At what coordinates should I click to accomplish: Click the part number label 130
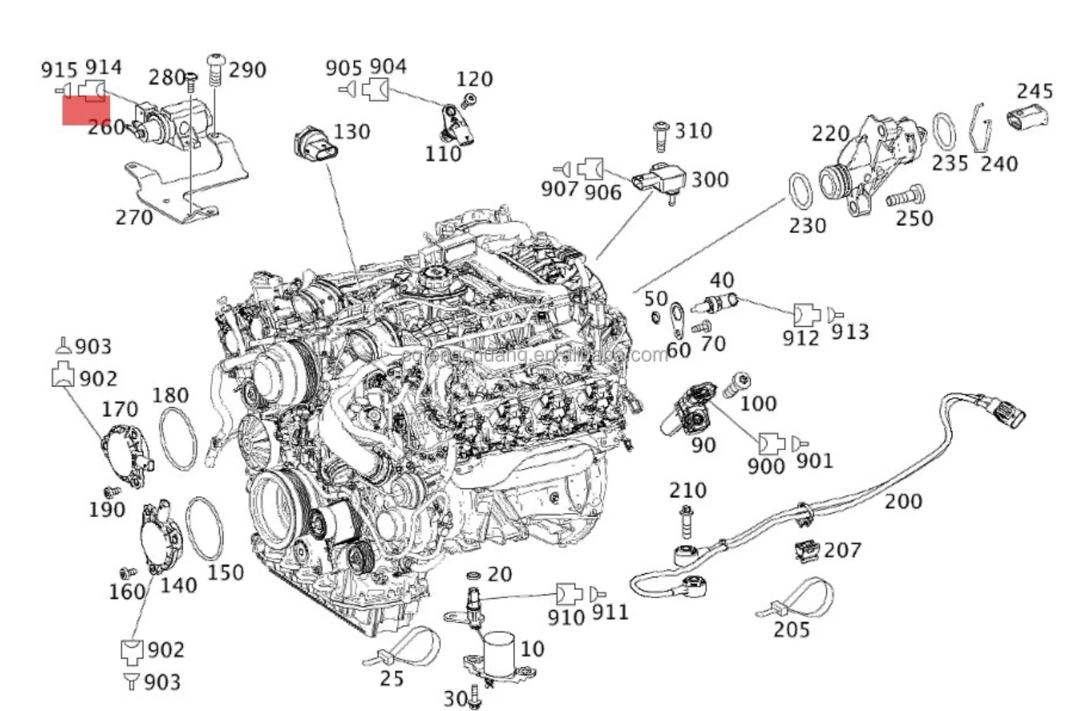point(352,131)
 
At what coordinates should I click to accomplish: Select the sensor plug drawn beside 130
point(313,145)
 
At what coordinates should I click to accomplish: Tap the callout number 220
point(830,134)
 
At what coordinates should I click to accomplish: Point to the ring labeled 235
point(944,131)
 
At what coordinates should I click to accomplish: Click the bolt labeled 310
point(659,136)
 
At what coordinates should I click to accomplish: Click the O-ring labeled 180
point(178,437)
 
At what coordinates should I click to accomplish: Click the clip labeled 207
point(807,550)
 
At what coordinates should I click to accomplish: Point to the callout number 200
point(904,501)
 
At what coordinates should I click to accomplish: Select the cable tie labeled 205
point(795,600)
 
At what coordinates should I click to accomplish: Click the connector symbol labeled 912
point(805,314)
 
